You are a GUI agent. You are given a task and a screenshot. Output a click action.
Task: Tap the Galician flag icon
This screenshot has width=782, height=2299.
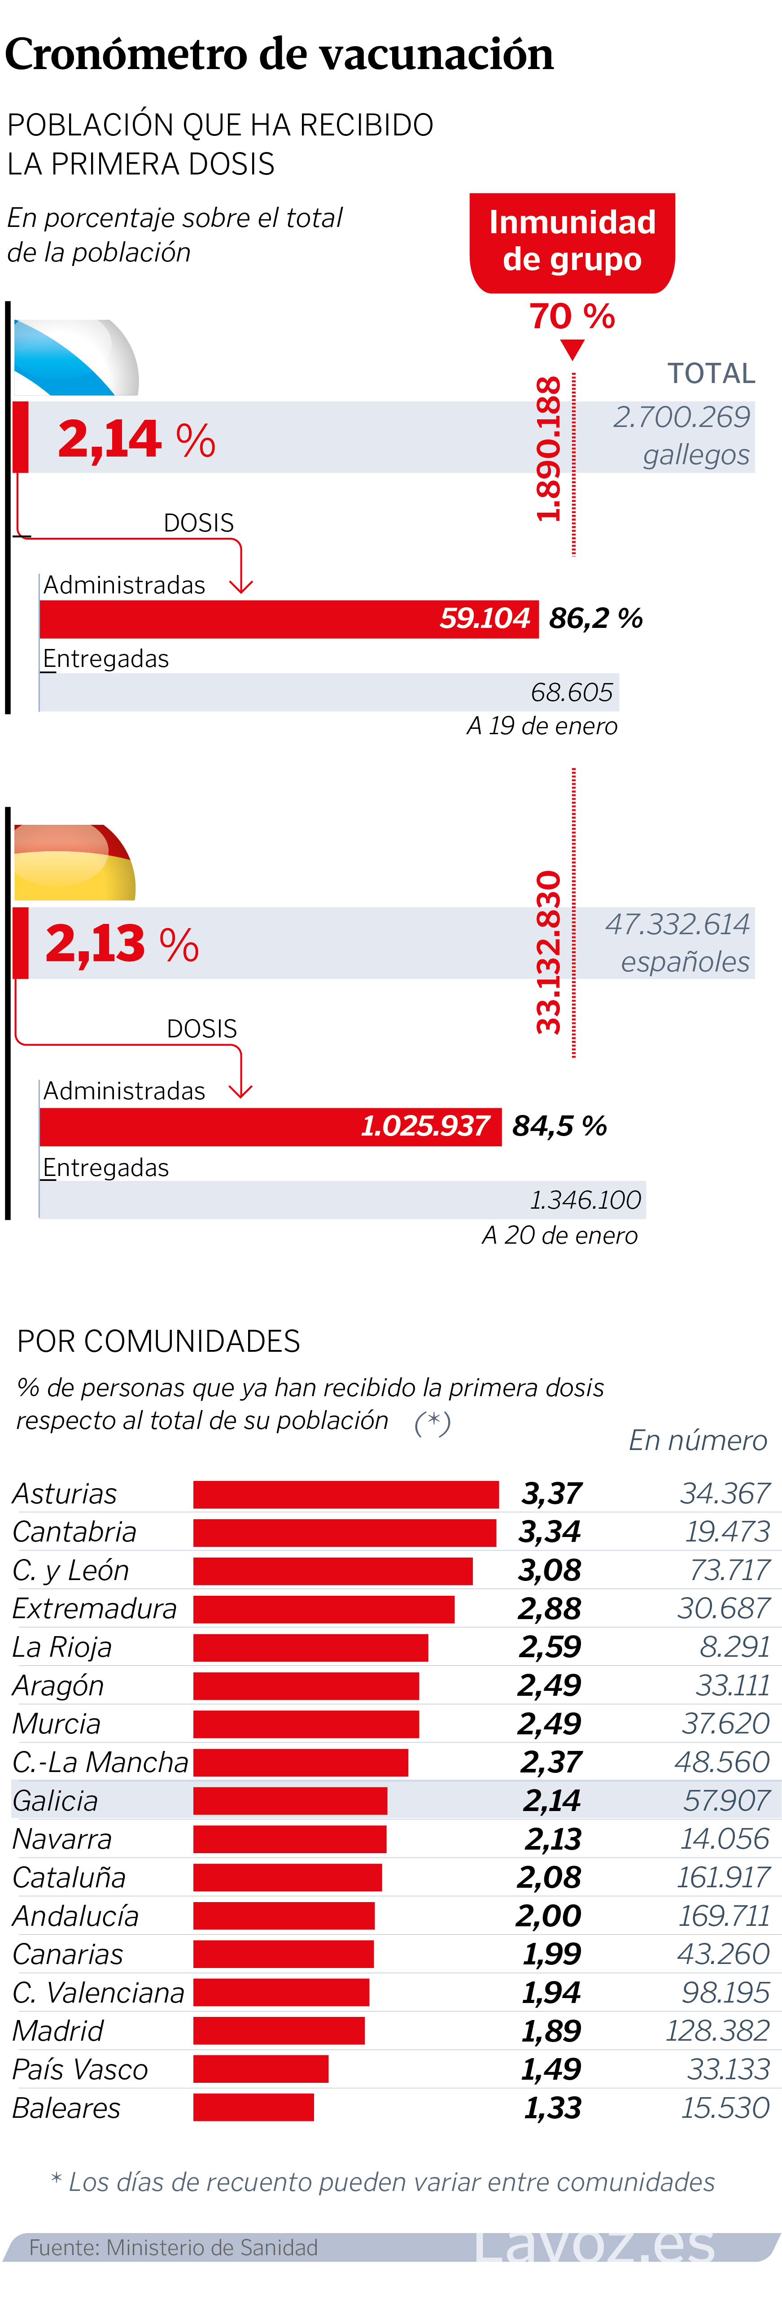click(76, 357)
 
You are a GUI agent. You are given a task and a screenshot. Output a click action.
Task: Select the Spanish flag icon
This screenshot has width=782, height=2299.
click(74, 862)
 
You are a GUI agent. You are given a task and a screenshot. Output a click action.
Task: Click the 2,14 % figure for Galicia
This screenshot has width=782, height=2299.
click(135, 439)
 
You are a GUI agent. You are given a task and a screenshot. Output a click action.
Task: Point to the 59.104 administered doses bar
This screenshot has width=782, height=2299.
click(288, 618)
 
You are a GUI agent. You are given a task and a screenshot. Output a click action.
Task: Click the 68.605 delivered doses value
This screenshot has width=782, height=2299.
click(571, 692)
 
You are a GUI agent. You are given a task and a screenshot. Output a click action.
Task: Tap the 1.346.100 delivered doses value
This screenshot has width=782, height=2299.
click(585, 1200)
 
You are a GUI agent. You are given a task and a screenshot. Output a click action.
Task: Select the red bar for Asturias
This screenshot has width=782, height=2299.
click(345, 1494)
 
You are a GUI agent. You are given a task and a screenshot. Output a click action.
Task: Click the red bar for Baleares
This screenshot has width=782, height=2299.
click(253, 2108)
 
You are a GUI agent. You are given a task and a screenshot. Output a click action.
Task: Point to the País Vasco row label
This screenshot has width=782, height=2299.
click(80, 2070)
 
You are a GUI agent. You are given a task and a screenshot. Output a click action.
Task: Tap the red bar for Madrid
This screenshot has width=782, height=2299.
click(279, 2031)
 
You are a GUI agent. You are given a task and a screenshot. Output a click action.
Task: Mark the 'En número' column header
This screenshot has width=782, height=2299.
click(697, 1441)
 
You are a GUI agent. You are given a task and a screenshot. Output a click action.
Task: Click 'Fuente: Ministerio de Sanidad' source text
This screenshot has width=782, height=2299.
click(173, 2247)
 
